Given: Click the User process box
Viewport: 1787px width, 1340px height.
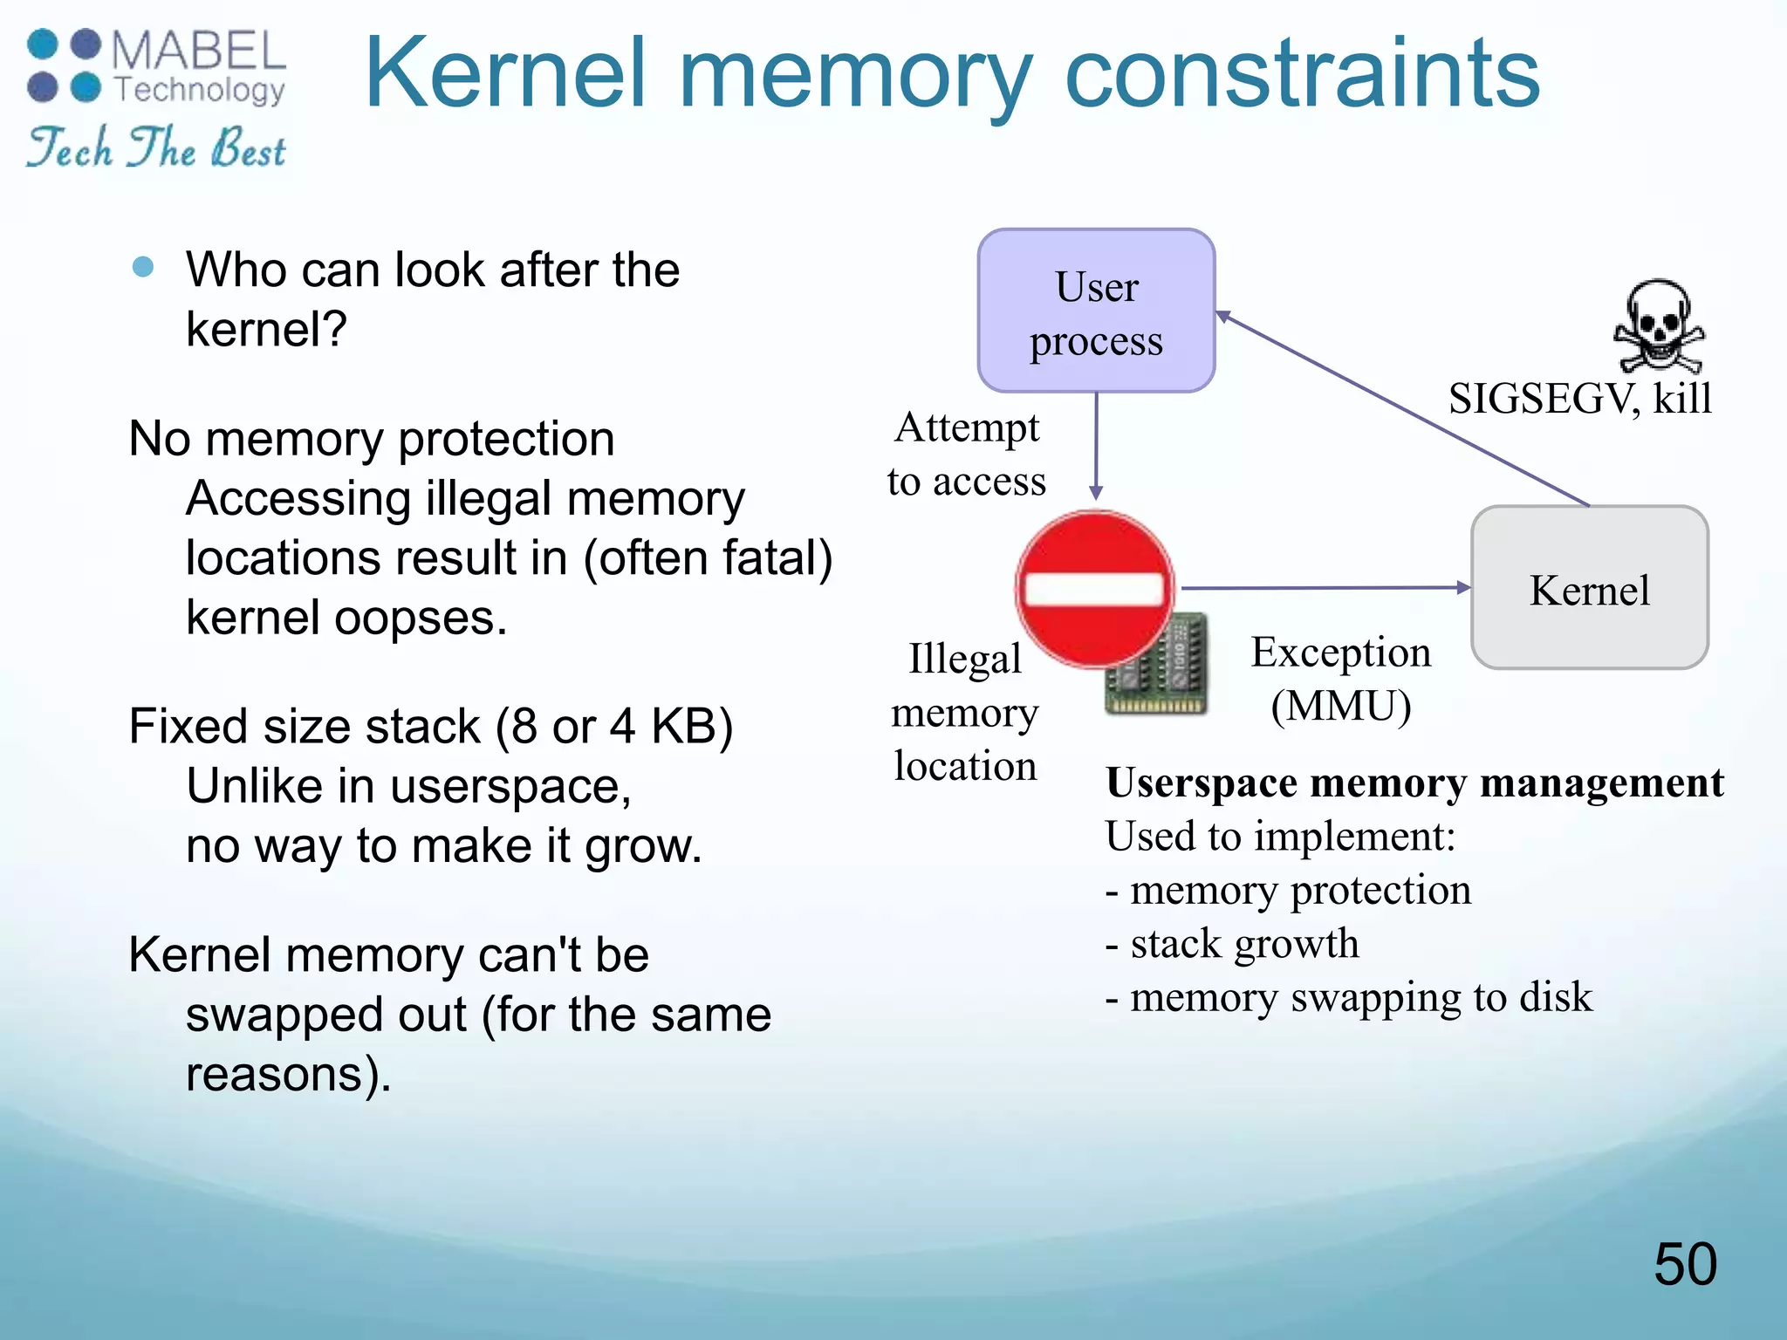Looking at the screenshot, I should (x=1096, y=311).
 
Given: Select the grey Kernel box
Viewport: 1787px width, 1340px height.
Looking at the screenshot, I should (x=1589, y=588).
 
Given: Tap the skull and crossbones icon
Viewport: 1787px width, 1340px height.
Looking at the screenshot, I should (x=1658, y=325).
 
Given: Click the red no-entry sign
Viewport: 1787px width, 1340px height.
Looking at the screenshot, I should (x=1094, y=588).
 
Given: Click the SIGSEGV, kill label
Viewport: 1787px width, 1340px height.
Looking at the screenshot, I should (x=1579, y=399).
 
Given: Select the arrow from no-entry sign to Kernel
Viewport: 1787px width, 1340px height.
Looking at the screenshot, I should (x=1322, y=588).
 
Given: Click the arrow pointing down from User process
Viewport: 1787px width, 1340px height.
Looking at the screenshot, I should (x=1096, y=445).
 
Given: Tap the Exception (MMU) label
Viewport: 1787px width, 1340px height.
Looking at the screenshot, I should (x=1341, y=679).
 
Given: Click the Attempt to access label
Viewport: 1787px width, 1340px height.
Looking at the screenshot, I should (x=967, y=454).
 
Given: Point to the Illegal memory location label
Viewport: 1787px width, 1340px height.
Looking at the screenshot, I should (x=965, y=712).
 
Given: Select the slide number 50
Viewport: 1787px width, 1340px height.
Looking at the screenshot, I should (x=1684, y=1264).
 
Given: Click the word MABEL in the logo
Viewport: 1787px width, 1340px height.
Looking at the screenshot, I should (x=199, y=51).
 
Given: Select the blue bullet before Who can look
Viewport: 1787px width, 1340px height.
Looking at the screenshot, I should (x=143, y=266).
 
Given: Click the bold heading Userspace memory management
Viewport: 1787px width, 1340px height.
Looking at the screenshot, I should (x=1414, y=783).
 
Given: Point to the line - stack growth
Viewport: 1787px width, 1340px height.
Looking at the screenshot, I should (x=1232, y=944).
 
